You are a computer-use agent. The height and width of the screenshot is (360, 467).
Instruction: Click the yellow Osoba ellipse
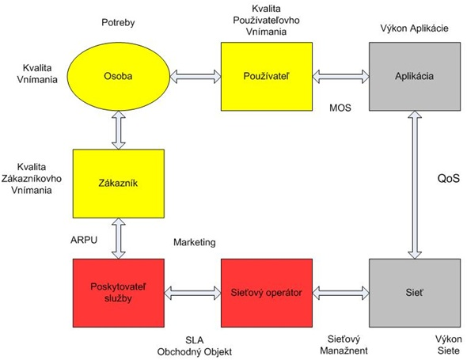[x=118, y=77]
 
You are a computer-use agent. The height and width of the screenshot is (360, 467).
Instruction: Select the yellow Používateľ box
[x=267, y=77]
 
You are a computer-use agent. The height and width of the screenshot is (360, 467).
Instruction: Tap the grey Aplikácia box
[x=415, y=77]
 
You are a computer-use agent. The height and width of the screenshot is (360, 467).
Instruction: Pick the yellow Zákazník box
[x=119, y=184]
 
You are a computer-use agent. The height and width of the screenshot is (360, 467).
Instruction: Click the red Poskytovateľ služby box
[x=119, y=293]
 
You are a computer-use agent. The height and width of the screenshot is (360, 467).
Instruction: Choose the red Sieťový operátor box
[x=267, y=293]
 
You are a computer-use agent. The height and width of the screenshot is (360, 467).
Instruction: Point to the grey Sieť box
[x=415, y=293]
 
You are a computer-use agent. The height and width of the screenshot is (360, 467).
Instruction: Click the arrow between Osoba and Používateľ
[x=196, y=77]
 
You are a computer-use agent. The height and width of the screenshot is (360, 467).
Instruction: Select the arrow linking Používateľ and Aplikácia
[x=340, y=77]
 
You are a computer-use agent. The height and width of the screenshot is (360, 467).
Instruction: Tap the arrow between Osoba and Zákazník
[x=119, y=130]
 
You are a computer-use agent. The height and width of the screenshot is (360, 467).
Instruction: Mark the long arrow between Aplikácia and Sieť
[x=415, y=185]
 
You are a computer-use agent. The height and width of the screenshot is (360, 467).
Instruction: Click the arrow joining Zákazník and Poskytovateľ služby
[x=119, y=238]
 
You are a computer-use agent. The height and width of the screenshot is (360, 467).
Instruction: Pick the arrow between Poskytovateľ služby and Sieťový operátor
[x=192, y=293]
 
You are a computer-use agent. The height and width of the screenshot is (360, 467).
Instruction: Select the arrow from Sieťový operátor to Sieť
[x=340, y=293]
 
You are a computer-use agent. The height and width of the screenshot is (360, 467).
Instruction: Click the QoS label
[x=448, y=179]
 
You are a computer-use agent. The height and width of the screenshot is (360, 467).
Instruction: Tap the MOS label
[x=340, y=108]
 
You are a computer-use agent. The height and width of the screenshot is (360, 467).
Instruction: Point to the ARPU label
[x=84, y=240]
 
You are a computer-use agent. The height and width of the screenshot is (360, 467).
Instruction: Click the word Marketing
[x=195, y=242]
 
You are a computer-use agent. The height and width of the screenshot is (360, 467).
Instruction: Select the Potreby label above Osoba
[x=118, y=23]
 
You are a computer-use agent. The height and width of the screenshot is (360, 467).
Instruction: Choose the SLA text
[x=195, y=339]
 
